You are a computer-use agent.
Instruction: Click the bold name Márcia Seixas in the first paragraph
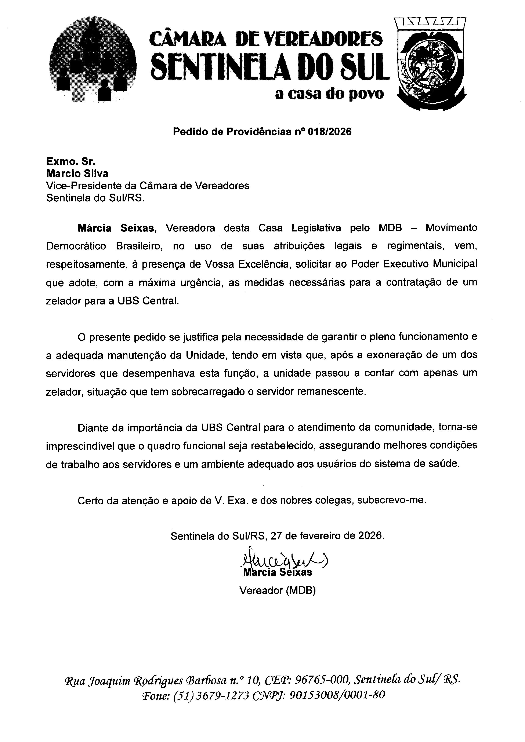[x=115, y=228]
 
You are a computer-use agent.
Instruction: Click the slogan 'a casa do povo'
[x=329, y=94]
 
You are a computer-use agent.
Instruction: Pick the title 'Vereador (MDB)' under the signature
[x=277, y=591]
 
